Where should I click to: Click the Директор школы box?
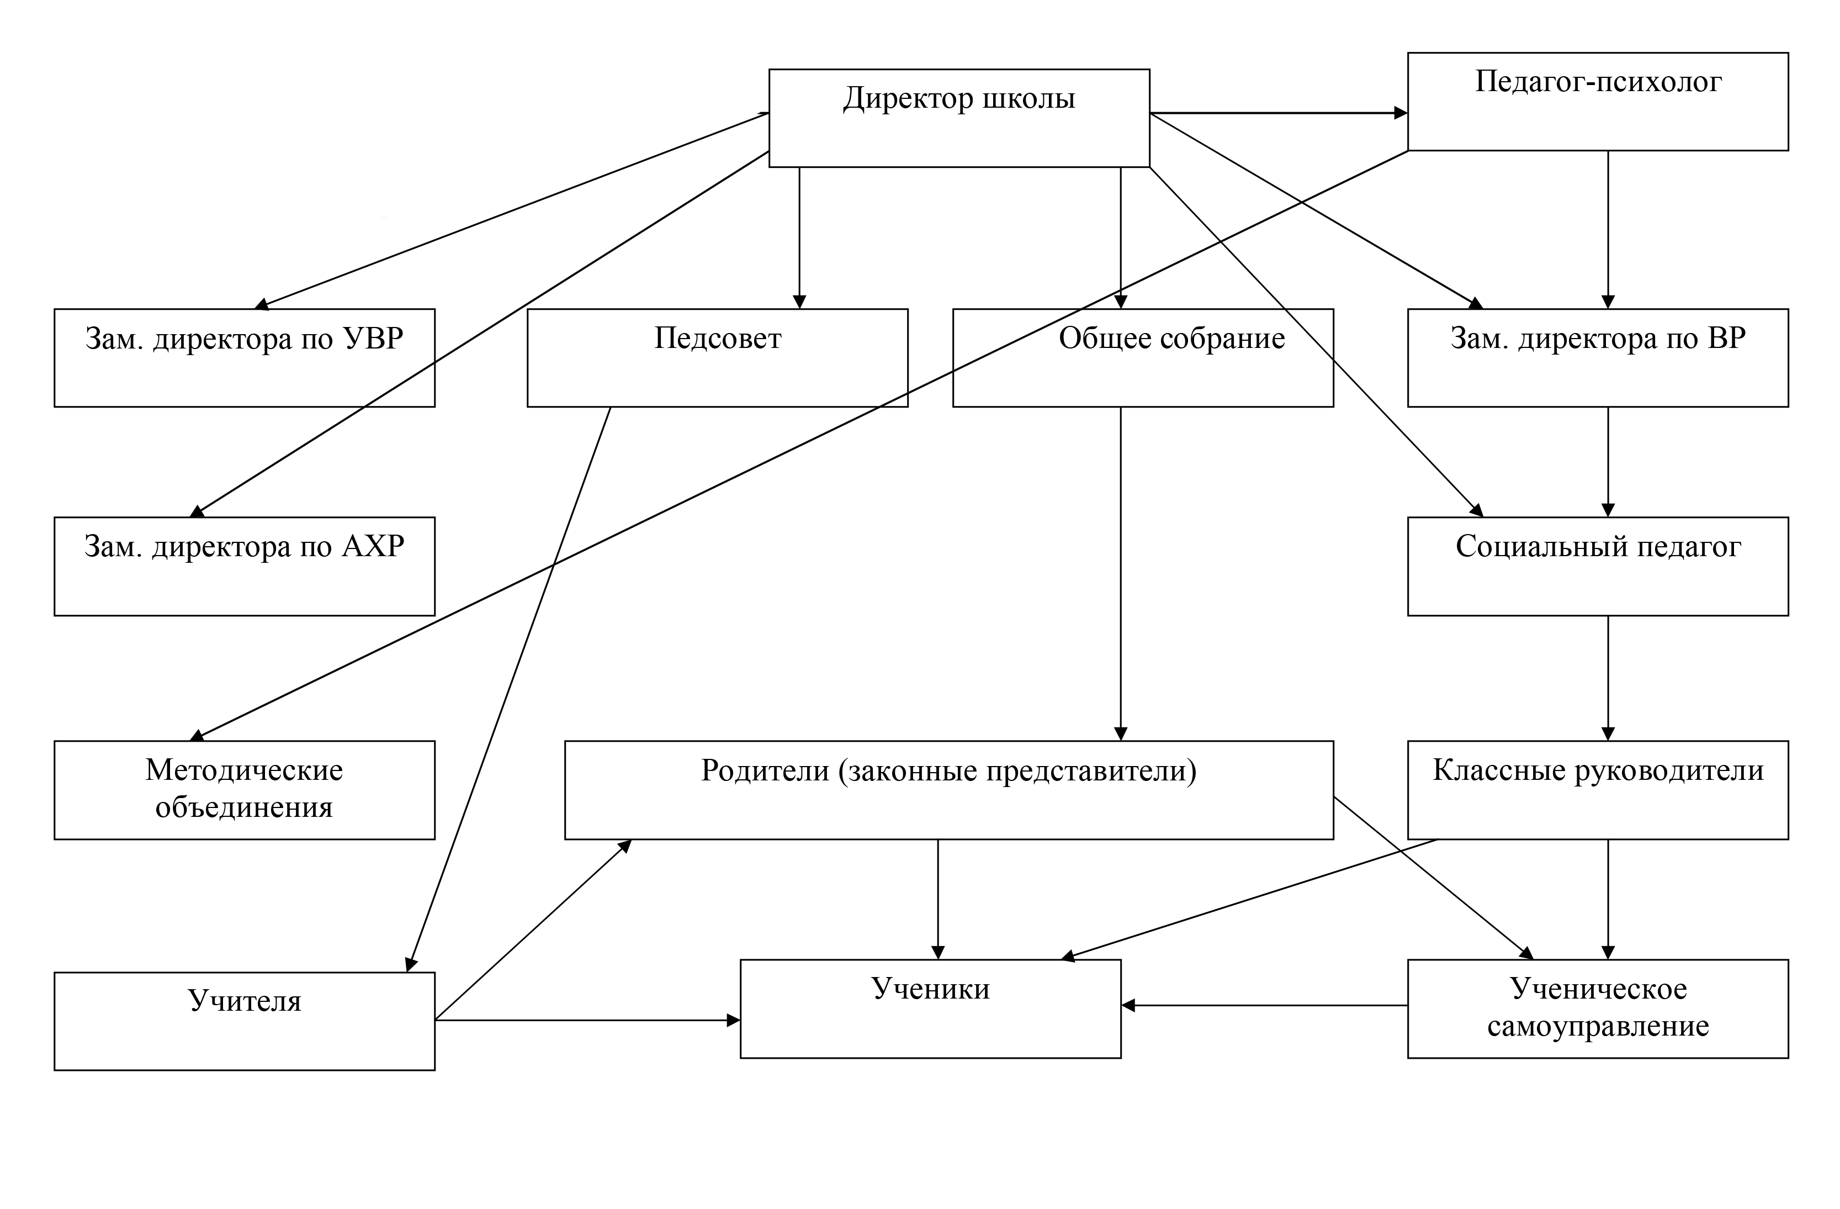959,118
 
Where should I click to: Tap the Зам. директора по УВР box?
243,357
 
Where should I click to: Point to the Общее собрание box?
1143,357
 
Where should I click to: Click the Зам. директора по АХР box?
243,566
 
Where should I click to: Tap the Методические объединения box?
243,789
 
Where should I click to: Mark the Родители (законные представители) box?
948,789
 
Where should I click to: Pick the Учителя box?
243,1021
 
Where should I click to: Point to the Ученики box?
930,1009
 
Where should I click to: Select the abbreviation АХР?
373,547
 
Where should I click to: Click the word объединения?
243,807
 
